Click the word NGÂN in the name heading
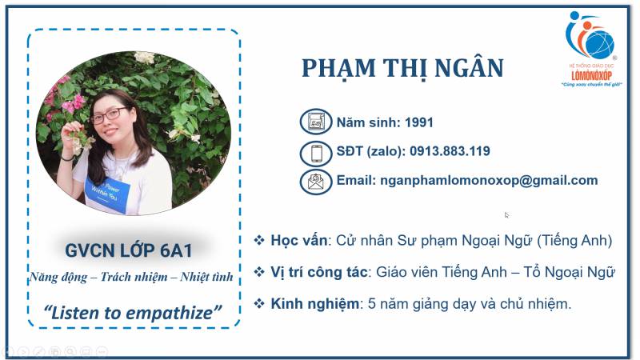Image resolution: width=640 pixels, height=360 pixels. pos(469,68)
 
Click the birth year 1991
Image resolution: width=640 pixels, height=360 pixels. pos(418,122)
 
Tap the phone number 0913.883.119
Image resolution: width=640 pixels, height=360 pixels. pos(450,151)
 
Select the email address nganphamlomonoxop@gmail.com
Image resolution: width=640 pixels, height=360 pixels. pos(489,181)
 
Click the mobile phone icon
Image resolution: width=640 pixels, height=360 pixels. pos(316,154)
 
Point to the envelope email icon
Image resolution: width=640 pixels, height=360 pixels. pos(315,182)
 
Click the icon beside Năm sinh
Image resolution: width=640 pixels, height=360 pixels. pos(315,122)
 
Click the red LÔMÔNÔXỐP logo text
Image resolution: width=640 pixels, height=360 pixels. pos(591,75)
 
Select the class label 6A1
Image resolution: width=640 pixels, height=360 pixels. pos(176,250)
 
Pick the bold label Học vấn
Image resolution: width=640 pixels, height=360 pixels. pos(298,241)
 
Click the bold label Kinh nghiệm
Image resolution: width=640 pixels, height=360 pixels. pos(314,304)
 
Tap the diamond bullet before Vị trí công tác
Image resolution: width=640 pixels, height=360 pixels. pos(259,272)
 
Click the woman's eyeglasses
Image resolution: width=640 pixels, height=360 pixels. pos(109,115)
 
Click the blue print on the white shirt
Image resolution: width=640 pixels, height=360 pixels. pos(107,190)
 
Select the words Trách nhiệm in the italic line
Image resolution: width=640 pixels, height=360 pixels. pos(134,277)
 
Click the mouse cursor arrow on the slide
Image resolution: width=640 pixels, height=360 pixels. pos(506,215)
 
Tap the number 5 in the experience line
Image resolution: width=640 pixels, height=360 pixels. pos(372,304)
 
